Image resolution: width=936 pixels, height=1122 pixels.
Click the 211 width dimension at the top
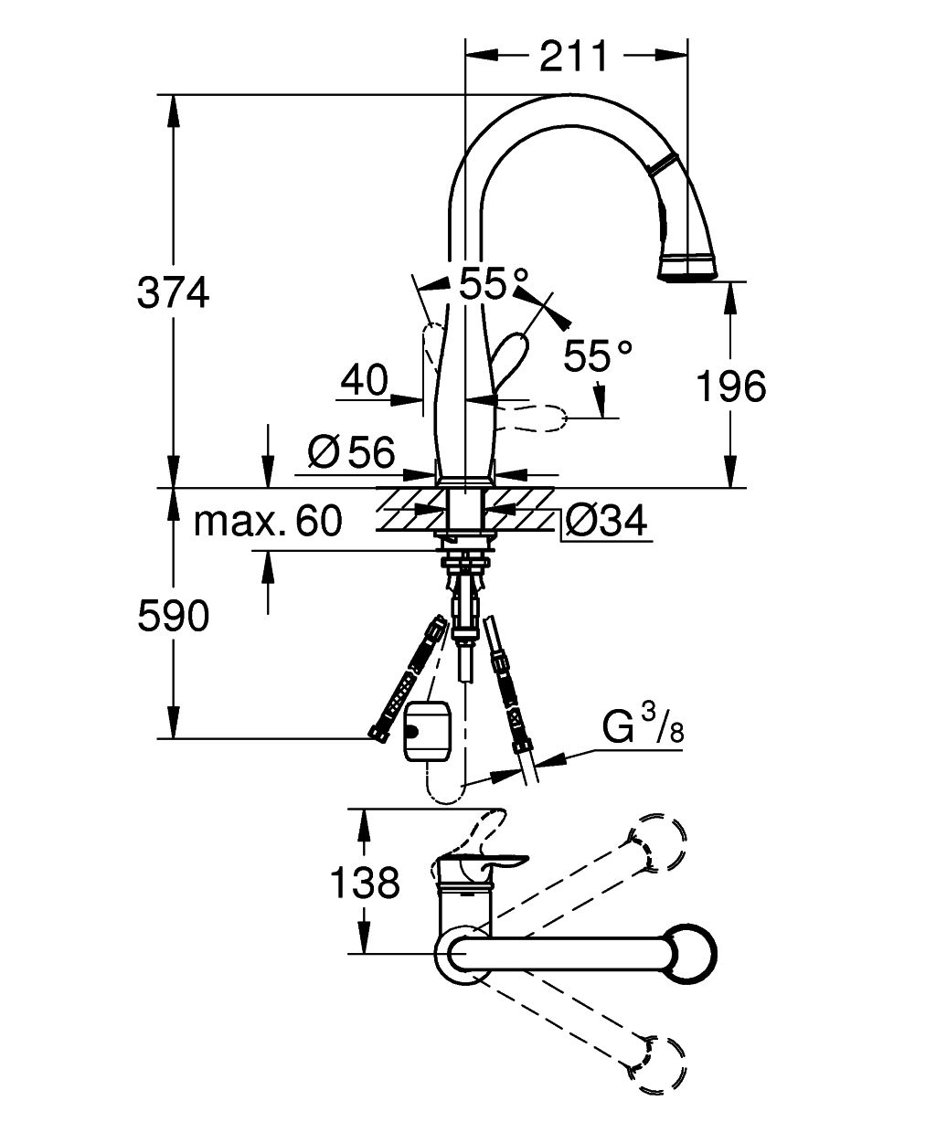pyautogui.click(x=573, y=56)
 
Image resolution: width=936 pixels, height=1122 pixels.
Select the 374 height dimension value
pyautogui.click(x=173, y=293)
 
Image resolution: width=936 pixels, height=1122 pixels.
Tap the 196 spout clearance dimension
pyautogui.click(x=731, y=386)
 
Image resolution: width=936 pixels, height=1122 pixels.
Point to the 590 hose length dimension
pyautogui.click(x=173, y=617)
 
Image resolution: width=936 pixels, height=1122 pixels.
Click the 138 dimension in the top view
pyautogui.click(x=365, y=882)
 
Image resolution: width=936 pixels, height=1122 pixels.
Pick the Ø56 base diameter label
pyautogui.click(x=352, y=452)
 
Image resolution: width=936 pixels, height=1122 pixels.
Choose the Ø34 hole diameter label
pyautogui.click(x=605, y=520)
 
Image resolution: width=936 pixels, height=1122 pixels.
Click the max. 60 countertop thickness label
pyautogui.click(x=268, y=520)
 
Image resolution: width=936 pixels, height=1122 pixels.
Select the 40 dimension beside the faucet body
pyautogui.click(x=364, y=380)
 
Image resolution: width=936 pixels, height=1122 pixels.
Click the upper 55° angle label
pyautogui.click(x=493, y=283)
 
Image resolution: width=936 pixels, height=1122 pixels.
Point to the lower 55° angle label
pyautogui.click(x=597, y=355)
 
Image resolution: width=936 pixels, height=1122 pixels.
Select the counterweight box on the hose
pyautogui.click(x=428, y=731)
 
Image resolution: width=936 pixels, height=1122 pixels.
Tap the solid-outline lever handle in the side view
pyautogui.click(x=507, y=359)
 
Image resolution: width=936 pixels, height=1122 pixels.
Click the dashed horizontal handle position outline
pyautogui.click(x=530, y=418)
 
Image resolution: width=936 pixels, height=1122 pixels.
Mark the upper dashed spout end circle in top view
pyautogui.click(x=661, y=843)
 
